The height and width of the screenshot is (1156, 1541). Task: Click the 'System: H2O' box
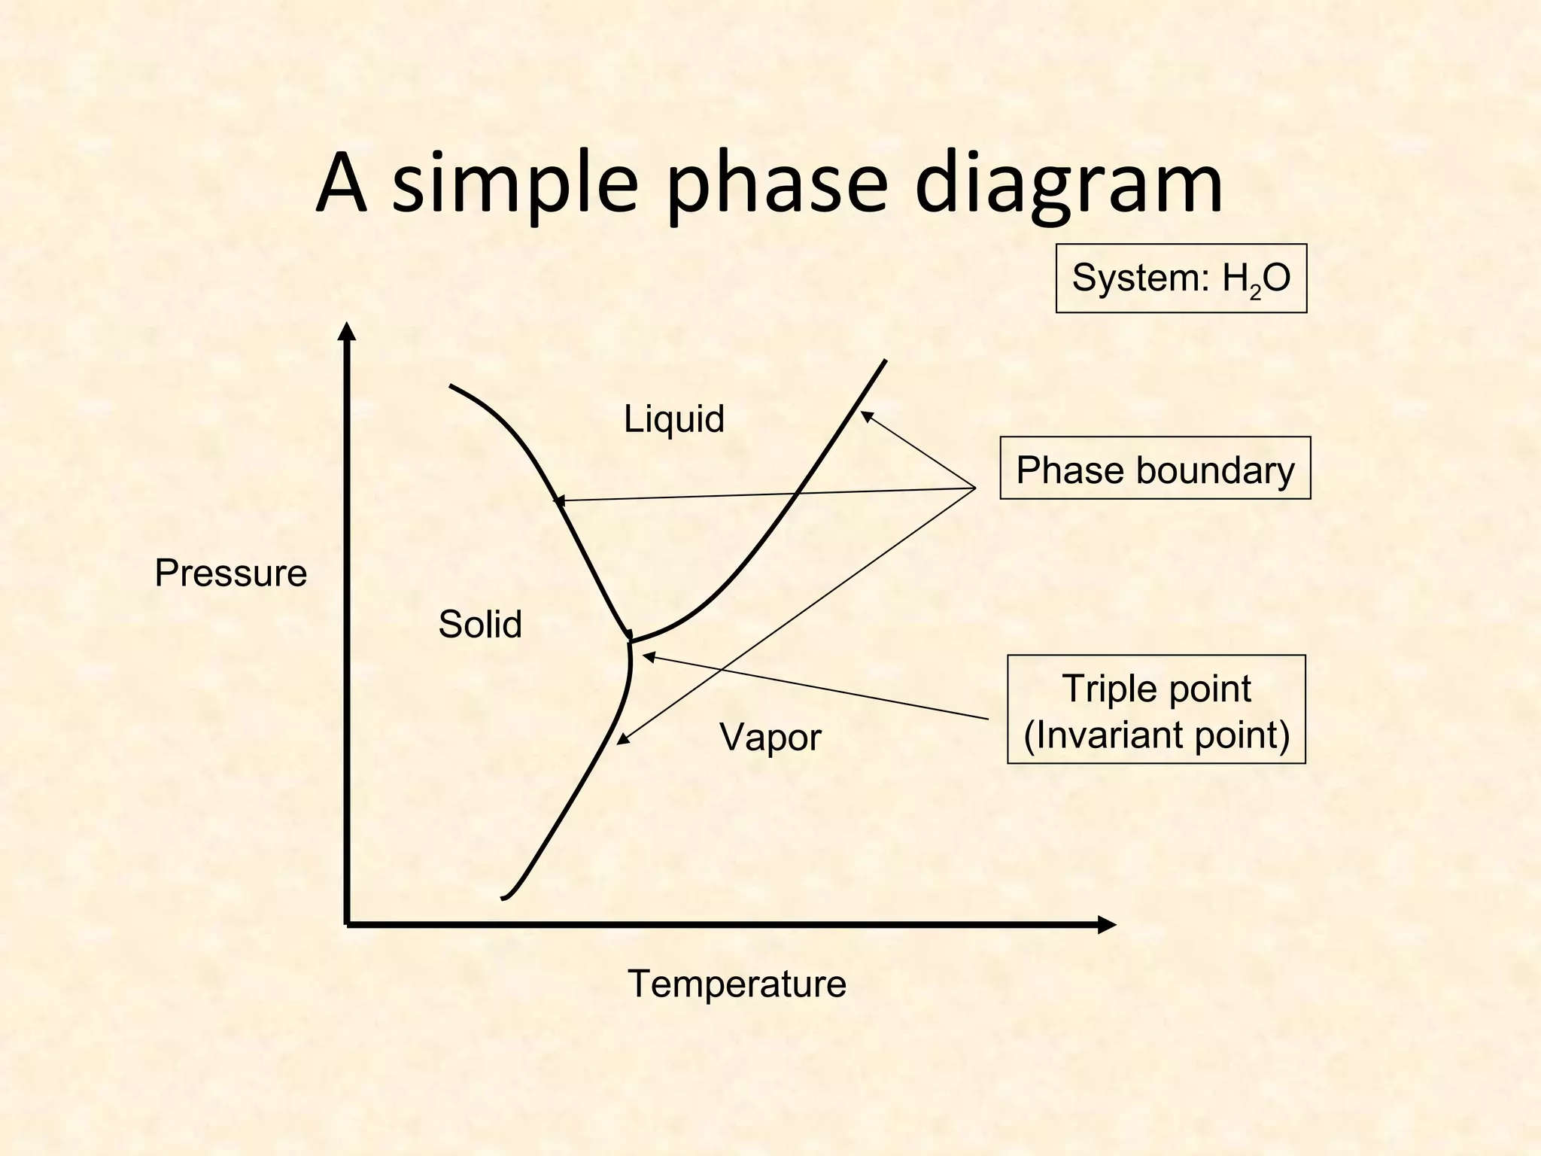coord(1181,278)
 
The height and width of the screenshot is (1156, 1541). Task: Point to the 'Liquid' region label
coord(674,419)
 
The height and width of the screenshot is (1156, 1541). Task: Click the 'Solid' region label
coord(480,625)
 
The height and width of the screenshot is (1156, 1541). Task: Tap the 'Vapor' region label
coord(770,737)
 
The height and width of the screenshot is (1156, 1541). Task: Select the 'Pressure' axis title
coord(231,573)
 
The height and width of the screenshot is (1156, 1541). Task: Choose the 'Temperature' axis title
coord(737,984)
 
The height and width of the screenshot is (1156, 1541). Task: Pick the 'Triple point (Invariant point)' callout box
coord(1157,710)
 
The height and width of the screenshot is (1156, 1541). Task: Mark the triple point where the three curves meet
coord(631,642)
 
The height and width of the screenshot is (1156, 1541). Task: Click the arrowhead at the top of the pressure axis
coord(347,331)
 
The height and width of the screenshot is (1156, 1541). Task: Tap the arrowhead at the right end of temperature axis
coord(1107,924)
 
